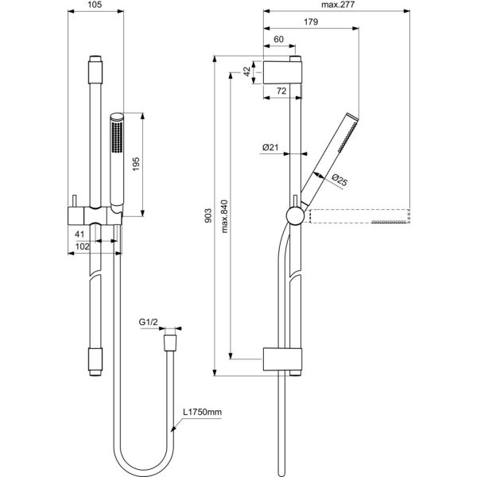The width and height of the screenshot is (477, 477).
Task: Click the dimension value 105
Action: (95, 5)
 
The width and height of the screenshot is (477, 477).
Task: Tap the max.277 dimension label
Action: (338, 5)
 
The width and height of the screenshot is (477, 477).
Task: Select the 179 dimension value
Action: (311, 22)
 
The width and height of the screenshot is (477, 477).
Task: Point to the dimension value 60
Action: (279, 39)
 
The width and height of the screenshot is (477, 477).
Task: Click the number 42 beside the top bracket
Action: (247, 72)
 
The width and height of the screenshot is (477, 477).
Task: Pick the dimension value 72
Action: (281, 91)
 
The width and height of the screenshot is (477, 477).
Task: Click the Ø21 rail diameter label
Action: (270, 148)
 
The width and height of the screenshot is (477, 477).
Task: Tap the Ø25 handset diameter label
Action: (339, 180)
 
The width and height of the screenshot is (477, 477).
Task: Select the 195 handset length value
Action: (136, 164)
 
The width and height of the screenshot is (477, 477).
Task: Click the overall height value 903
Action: (208, 215)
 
